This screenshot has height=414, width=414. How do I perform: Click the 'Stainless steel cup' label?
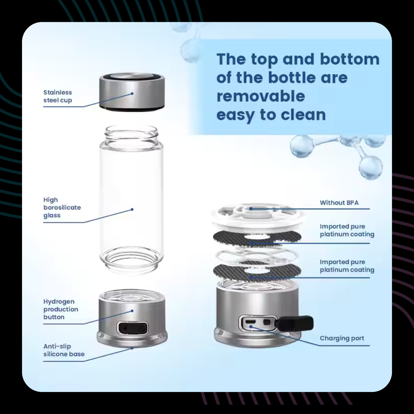(x=58, y=96)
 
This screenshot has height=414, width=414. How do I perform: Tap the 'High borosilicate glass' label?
(x=62, y=207)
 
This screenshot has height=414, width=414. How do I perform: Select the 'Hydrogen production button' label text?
(x=61, y=309)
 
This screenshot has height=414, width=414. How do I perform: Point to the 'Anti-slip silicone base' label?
(x=64, y=350)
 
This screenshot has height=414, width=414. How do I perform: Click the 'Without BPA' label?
(x=339, y=203)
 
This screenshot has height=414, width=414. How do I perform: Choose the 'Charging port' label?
(x=342, y=338)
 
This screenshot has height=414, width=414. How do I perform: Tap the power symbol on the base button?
(x=141, y=328)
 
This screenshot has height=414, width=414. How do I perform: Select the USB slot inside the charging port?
(x=250, y=322)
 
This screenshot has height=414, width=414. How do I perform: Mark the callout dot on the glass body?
(x=132, y=209)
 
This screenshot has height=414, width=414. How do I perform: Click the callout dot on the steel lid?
(x=132, y=94)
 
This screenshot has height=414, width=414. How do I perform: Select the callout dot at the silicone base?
(x=132, y=348)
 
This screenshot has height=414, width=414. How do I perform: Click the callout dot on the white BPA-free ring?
(x=251, y=209)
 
